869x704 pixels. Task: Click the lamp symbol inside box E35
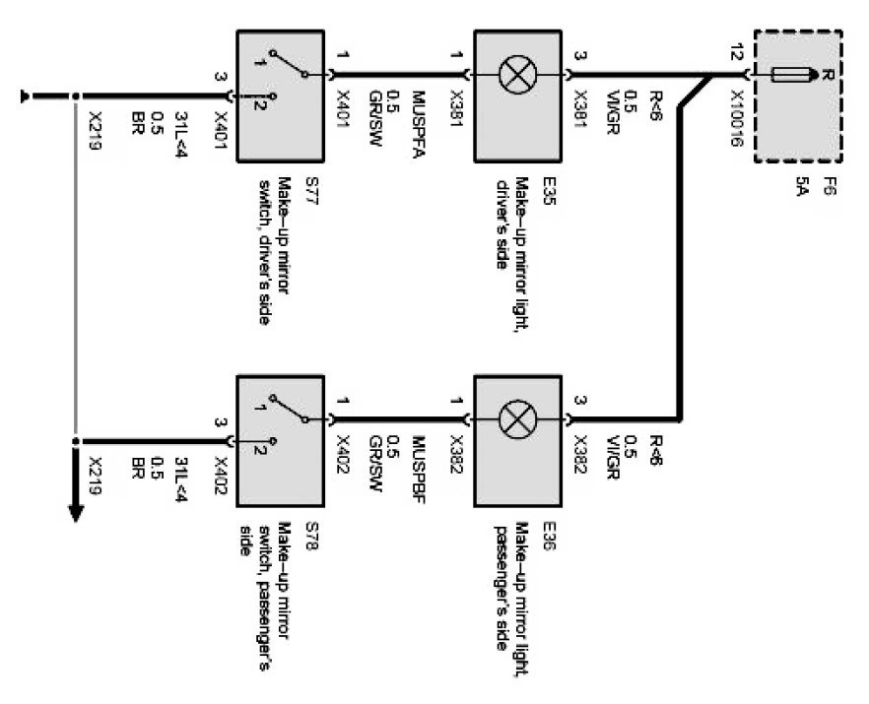(x=518, y=74)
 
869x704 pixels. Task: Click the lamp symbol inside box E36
(x=518, y=419)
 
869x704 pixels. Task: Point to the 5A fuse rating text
(x=801, y=187)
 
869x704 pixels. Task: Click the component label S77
(x=312, y=191)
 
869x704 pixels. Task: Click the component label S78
(x=312, y=536)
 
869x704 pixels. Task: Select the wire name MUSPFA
(x=418, y=125)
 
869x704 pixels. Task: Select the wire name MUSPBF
(x=418, y=470)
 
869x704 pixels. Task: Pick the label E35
(x=549, y=191)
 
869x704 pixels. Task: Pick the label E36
(x=549, y=536)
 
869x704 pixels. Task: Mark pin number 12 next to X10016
(x=736, y=53)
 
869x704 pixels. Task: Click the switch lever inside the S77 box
(x=289, y=63)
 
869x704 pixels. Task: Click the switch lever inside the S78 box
(x=289, y=409)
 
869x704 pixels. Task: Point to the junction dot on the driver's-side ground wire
(x=76, y=96)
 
